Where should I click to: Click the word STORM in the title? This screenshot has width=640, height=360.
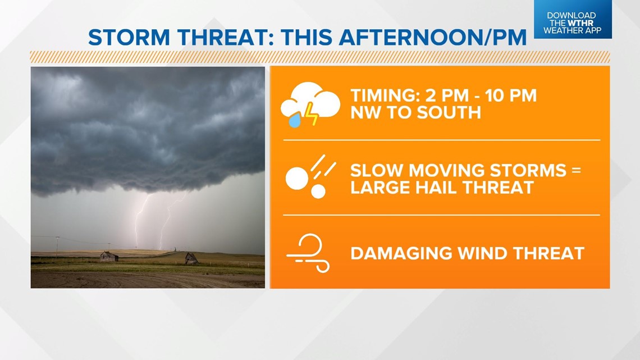tap(129, 38)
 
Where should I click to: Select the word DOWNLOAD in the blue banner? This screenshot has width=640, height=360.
tap(572, 16)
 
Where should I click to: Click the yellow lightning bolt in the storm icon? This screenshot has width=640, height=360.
tap(311, 114)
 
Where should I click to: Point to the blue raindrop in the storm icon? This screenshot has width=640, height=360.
tap(295, 120)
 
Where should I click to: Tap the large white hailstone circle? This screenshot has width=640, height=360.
tap(297, 179)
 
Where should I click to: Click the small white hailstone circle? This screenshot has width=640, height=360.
tap(318, 191)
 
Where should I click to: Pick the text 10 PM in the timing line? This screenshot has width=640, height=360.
tap(511, 96)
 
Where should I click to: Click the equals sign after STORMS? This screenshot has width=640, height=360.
tap(576, 170)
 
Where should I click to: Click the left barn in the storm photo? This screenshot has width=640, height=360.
tap(109, 256)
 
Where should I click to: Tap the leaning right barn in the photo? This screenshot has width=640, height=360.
tap(191, 258)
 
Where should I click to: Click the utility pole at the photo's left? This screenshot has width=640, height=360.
tap(57, 247)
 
